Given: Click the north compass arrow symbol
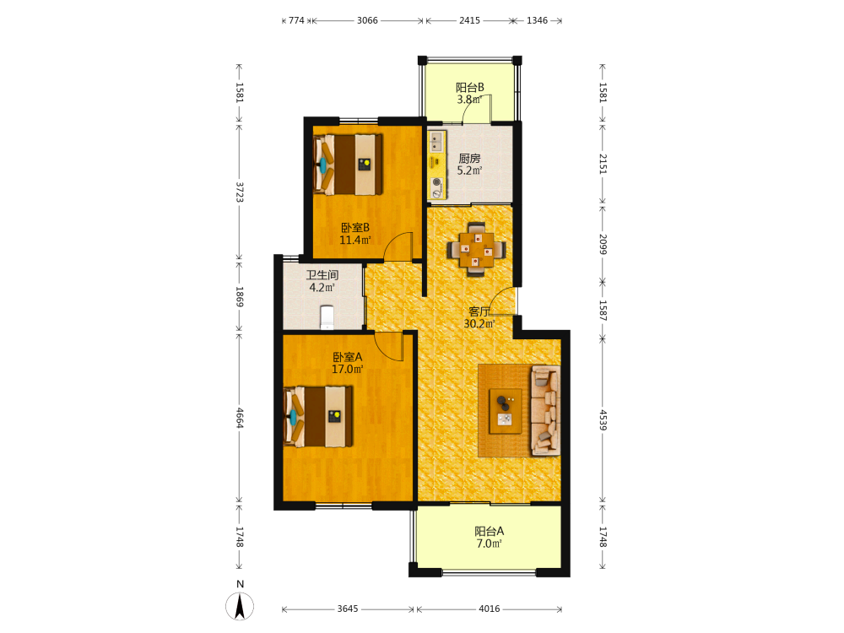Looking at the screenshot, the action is tap(240, 606).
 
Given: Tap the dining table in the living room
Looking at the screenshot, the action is tap(476, 250).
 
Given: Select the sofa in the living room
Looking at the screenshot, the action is tap(545, 411).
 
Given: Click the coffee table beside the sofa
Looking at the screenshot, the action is tap(505, 411).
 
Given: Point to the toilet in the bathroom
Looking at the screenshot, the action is tap(327, 317).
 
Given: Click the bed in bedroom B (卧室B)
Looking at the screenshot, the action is tap(348, 165).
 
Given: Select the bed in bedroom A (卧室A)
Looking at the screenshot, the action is tap(318, 416).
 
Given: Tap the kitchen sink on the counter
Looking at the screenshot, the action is tap(436, 141).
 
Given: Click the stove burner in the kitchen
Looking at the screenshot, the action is tap(436, 182).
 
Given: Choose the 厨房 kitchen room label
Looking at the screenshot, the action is tap(469, 159).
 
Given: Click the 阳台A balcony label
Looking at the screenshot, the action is tap(490, 531).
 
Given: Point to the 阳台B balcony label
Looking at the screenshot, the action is tap(470, 87).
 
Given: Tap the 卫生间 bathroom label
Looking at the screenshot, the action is tap(322, 275).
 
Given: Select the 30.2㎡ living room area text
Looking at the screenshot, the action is tap(479, 323).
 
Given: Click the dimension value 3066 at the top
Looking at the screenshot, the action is tap(367, 20).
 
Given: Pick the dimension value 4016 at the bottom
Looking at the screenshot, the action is tap(490, 609).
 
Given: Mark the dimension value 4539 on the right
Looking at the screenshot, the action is tap(603, 419).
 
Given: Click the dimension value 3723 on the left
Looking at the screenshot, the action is tap(240, 192).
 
